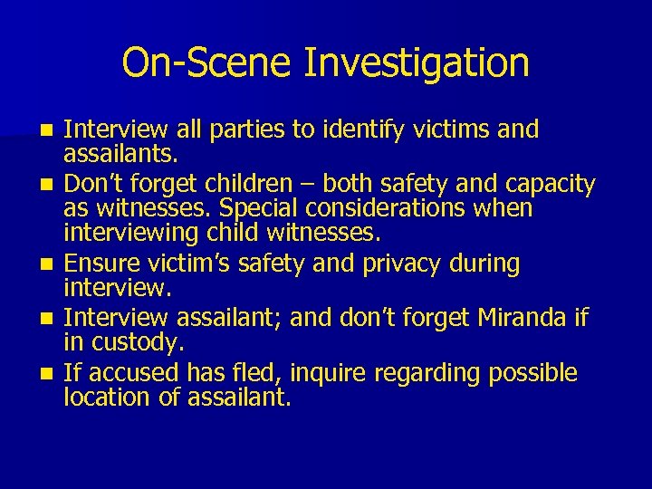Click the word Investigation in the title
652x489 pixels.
pos(417,63)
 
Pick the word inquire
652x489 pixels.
pos(316,373)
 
